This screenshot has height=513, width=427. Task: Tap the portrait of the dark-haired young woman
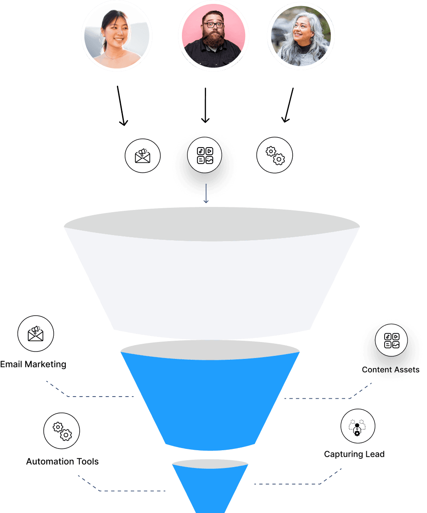tap(116, 35)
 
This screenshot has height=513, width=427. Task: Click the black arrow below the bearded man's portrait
tap(205, 106)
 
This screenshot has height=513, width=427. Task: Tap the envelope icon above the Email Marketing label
tap(36, 334)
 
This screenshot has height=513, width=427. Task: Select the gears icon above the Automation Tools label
tap(61, 431)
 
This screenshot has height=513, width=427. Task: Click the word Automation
tap(47, 461)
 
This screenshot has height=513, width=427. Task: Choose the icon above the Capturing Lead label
tap(357, 427)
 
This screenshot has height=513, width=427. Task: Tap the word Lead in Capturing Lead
tap(375, 454)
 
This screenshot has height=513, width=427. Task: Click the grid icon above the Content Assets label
tap(392, 341)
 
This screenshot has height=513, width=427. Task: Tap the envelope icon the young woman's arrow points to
tap(142, 155)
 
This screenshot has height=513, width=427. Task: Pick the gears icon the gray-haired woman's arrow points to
tap(275, 155)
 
